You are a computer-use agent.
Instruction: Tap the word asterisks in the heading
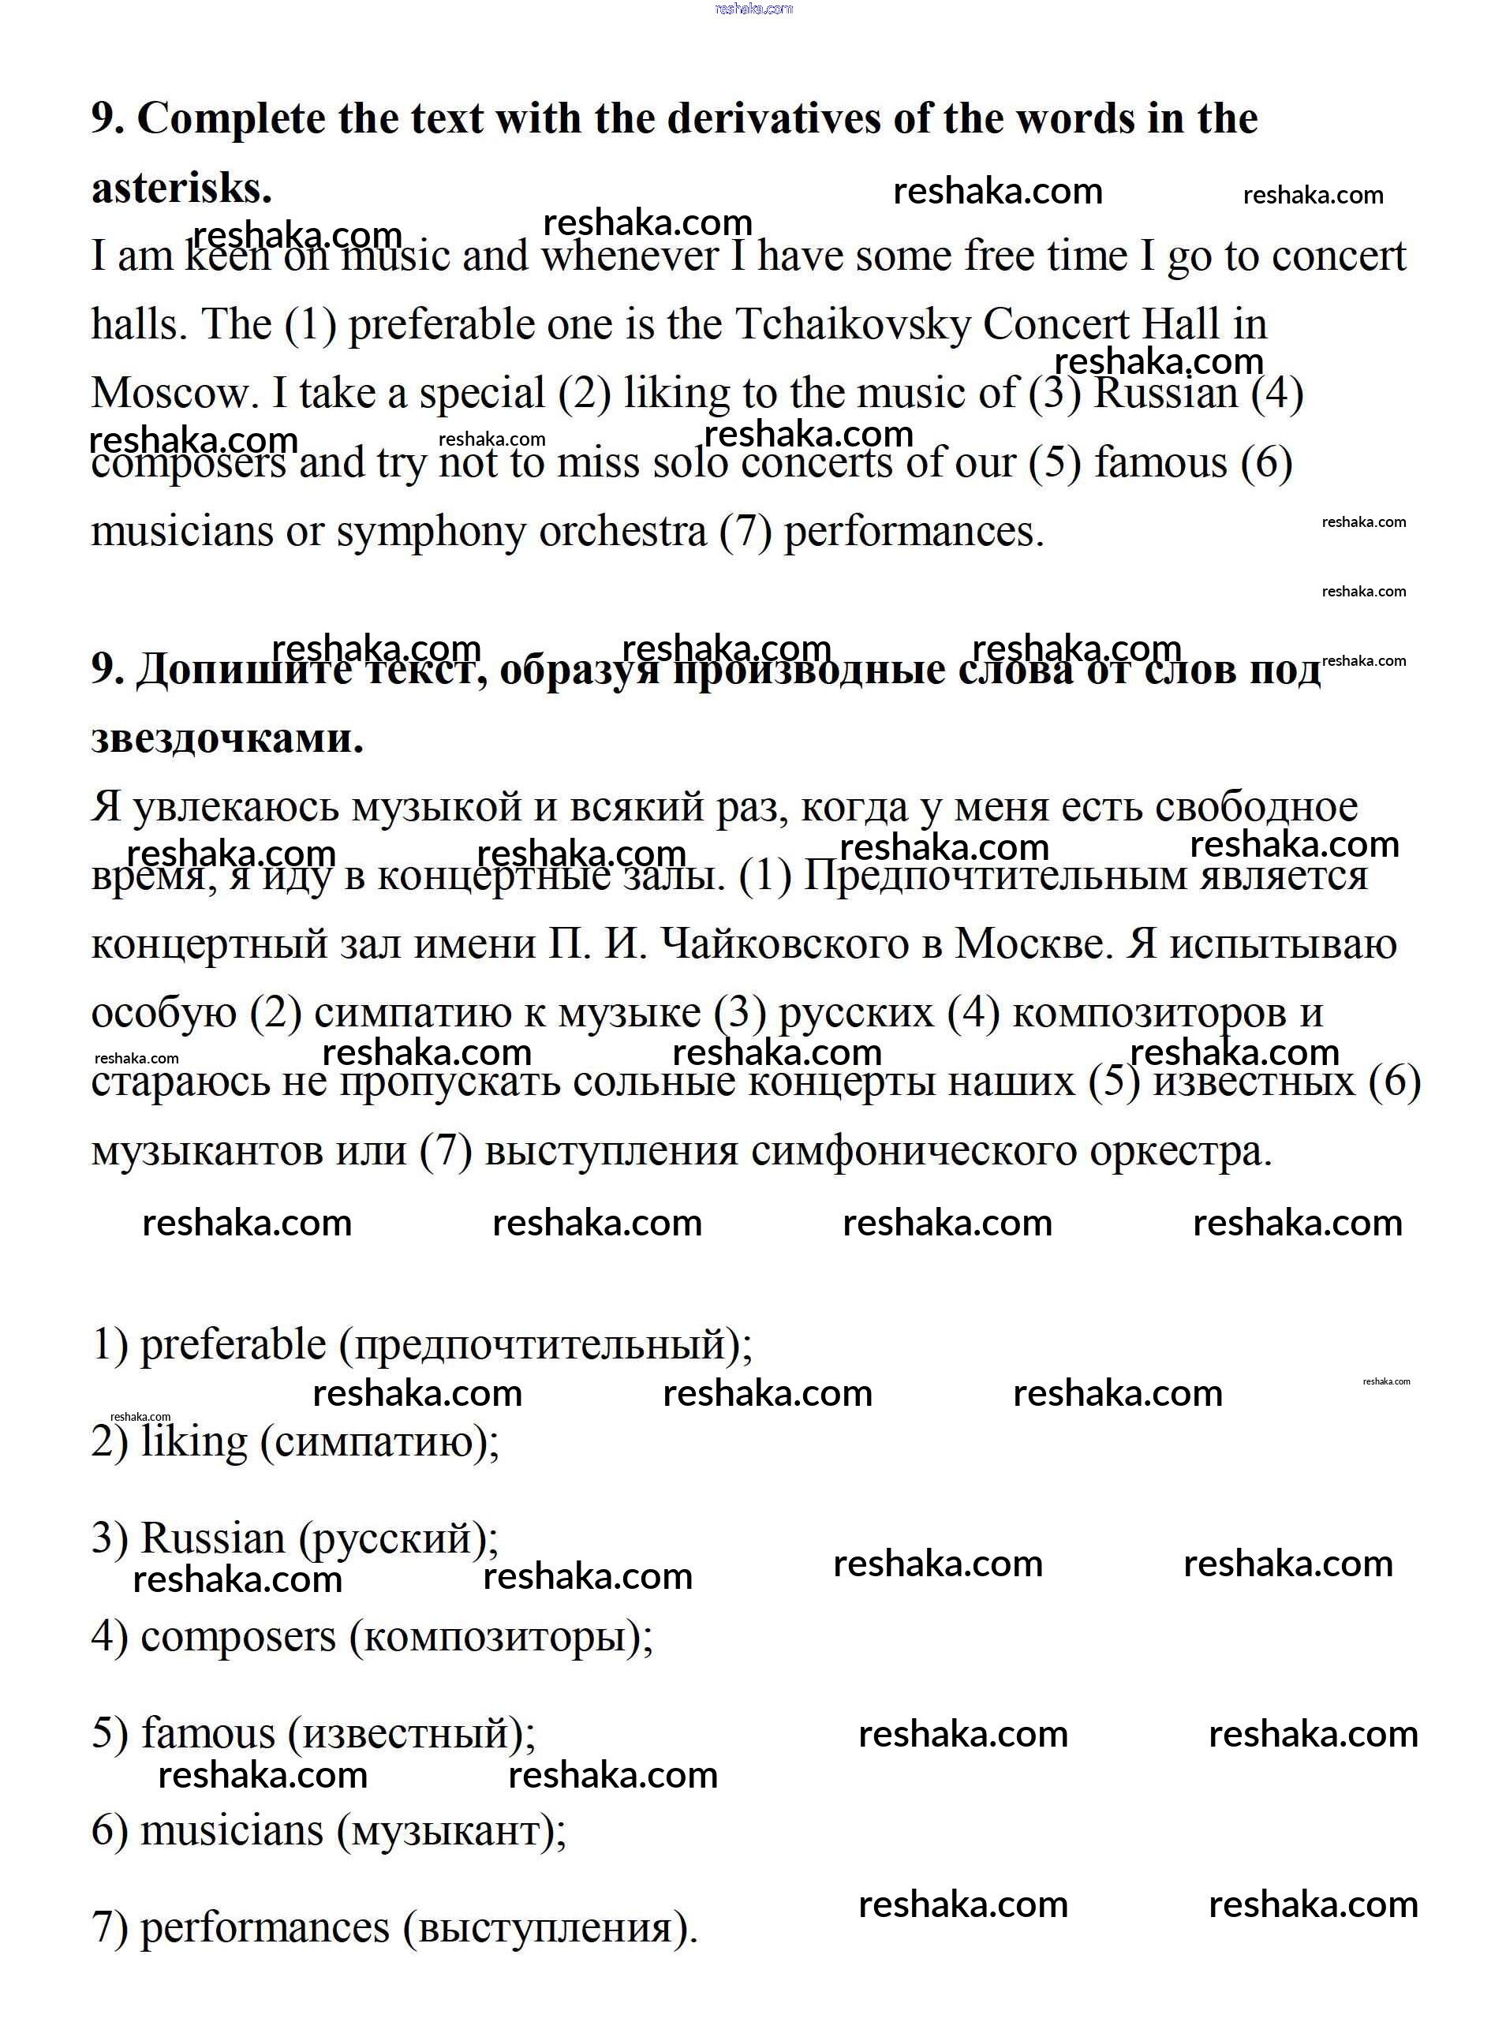point(181,189)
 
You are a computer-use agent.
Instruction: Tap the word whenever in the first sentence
point(630,256)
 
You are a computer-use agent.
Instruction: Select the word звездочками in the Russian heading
point(226,738)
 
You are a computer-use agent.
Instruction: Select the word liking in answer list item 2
point(194,1442)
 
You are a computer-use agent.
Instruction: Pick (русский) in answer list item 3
point(397,1539)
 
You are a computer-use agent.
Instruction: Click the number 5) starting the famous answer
point(110,1733)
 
